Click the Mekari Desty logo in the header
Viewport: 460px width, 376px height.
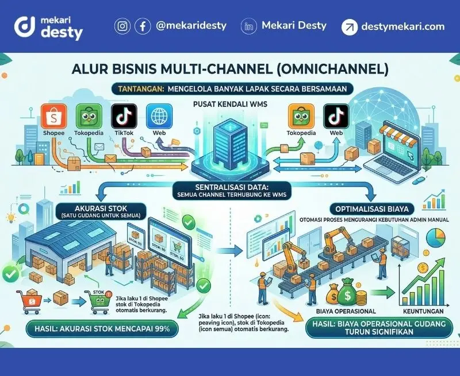49,26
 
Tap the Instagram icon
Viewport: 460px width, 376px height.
122,26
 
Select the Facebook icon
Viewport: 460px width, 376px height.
143,26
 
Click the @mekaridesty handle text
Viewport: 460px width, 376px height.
191,26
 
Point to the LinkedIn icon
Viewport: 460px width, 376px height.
249,26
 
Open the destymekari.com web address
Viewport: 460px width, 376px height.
402,26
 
